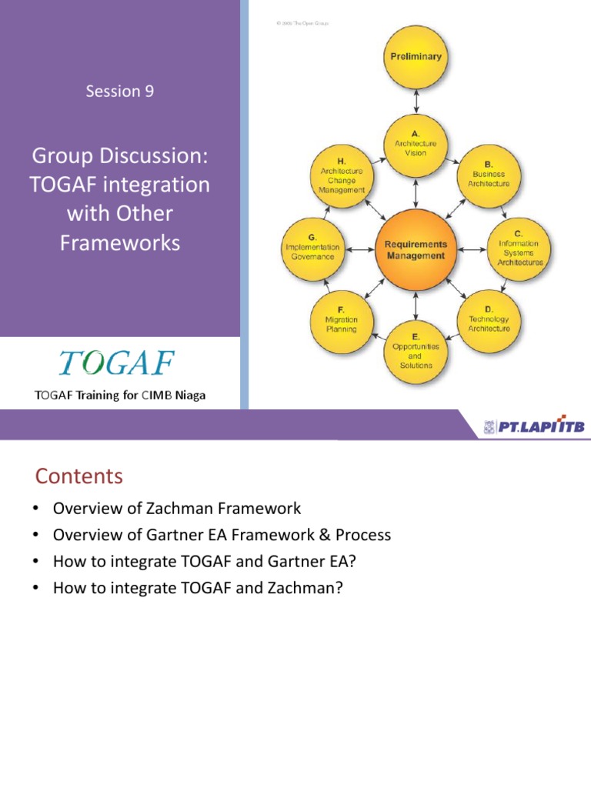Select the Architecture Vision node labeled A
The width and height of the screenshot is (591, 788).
[x=416, y=143]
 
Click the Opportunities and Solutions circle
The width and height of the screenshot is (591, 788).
[x=416, y=351]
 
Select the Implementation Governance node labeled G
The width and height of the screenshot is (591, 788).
[x=311, y=247]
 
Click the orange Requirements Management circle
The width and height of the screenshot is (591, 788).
[x=416, y=249]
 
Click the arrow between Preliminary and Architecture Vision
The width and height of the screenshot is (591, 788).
[x=416, y=100]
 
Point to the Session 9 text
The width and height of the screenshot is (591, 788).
[x=120, y=91]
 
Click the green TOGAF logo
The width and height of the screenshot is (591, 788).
[x=117, y=363]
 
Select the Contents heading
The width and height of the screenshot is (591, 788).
[x=78, y=476]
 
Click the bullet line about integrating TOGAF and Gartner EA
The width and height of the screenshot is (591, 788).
[x=205, y=562]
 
